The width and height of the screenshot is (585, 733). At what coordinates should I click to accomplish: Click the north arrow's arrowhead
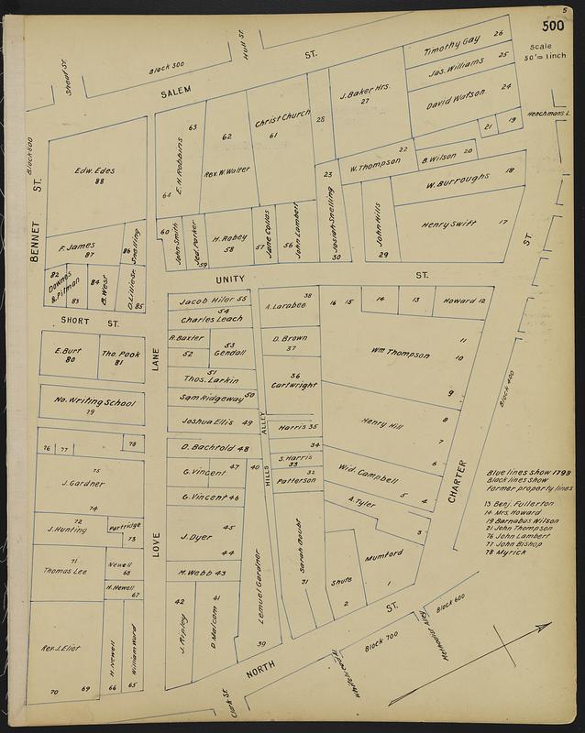[546, 626]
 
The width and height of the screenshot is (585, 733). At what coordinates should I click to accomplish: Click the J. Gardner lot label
[80, 483]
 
